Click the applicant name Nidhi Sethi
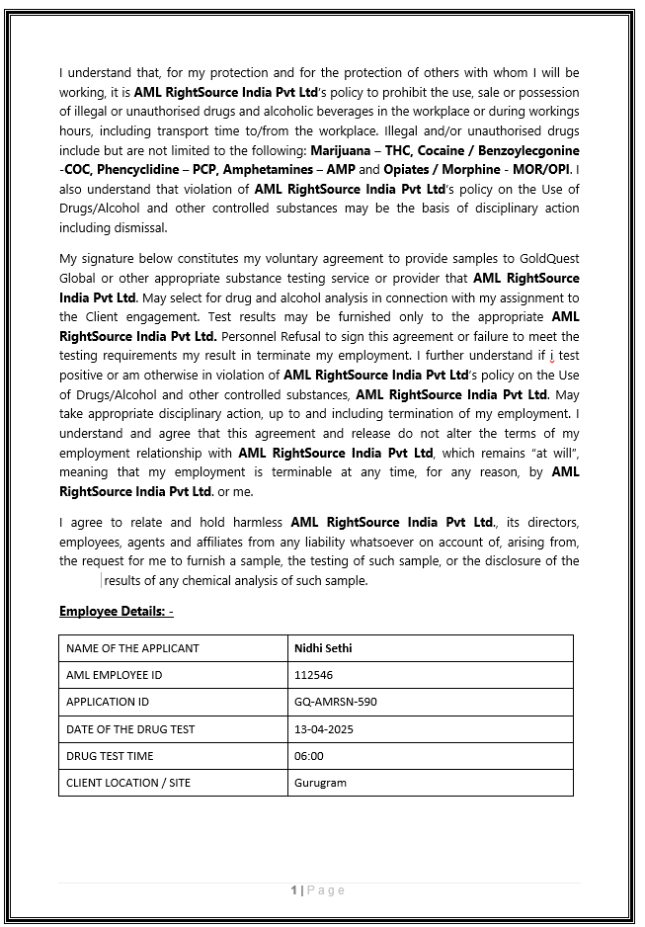pos(323,648)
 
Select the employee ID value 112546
pos(311,675)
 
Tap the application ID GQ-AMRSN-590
pos(335,702)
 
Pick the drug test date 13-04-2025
pos(323,729)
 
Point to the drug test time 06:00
pos(308,756)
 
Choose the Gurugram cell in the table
pos(320,783)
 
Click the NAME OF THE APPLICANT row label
pos(132,648)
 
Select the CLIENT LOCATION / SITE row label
pos(128,783)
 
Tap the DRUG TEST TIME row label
pos(110,756)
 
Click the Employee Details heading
pos(116,612)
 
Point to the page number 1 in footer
pos(293,890)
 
